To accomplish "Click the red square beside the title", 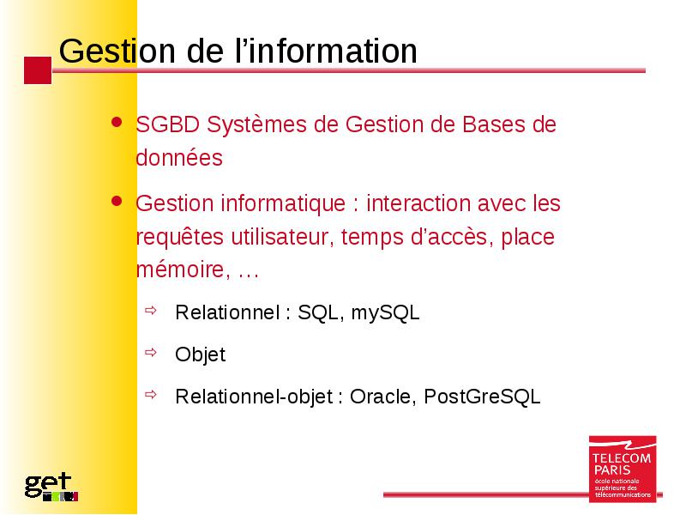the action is pos(38,70).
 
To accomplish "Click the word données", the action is pos(179,158).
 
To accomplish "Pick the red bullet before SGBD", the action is pos(117,122).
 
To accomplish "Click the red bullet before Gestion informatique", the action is pos(117,201).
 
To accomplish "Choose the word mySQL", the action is pos(385,313).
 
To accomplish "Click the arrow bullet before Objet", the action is pos(151,353).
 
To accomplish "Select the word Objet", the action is pos(201,354).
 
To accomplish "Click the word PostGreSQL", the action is pos(482,397).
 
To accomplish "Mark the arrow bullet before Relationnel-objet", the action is pos(151,395).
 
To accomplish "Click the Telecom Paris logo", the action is pos(623,469).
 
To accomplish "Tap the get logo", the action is pos(51,487).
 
